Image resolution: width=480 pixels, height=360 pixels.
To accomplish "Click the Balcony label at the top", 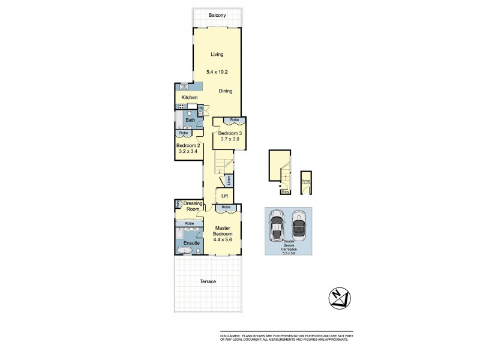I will pyautogui.click(x=217, y=16).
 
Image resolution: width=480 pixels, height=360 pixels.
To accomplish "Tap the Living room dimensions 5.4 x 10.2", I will pyautogui.click(x=217, y=73).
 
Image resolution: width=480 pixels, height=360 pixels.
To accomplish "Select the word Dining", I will pyautogui.click(x=226, y=91).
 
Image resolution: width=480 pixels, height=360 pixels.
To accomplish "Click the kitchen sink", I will pyautogui.click(x=184, y=88).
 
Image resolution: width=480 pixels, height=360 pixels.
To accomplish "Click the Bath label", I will pyautogui.click(x=190, y=120).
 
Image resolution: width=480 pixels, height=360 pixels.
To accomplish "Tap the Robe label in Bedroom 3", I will pyautogui.click(x=226, y=120).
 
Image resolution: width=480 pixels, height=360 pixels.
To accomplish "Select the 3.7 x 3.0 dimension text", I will pyautogui.click(x=229, y=140).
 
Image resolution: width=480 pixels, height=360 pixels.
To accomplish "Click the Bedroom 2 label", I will pyautogui.click(x=188, y=145).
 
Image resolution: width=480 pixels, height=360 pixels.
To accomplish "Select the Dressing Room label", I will pyautogui.click(x=193, y=206).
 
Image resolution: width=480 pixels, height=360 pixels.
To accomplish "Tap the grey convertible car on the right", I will pyautogui.click(x=298, y=225).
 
